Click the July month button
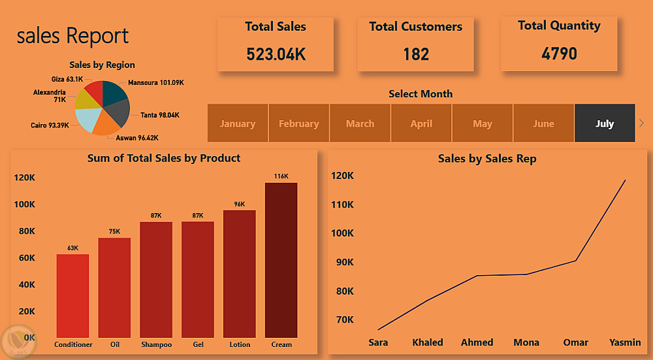(x=605, y=123)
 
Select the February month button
(x=298, y=123)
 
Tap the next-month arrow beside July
(x=641, y=123)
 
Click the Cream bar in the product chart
(x=281, y=260)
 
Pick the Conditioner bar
(x=73, y=296)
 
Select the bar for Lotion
(x=240, y=274)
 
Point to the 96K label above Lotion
(x=240, y=204)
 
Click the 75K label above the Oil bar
(x=114, y=232)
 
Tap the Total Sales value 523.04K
(x=276, y=54)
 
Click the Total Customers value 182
(x=416, y=54)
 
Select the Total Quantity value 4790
(x=560, y=54)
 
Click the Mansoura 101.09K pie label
(x=156, y=82)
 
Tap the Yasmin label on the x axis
(x=625, y=342)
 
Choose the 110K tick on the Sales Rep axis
(x=342, y=205)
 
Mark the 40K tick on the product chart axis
(x=27, y=285)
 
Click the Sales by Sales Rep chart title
(x=487, y=159)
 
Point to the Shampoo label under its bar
(x=156, y=344)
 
